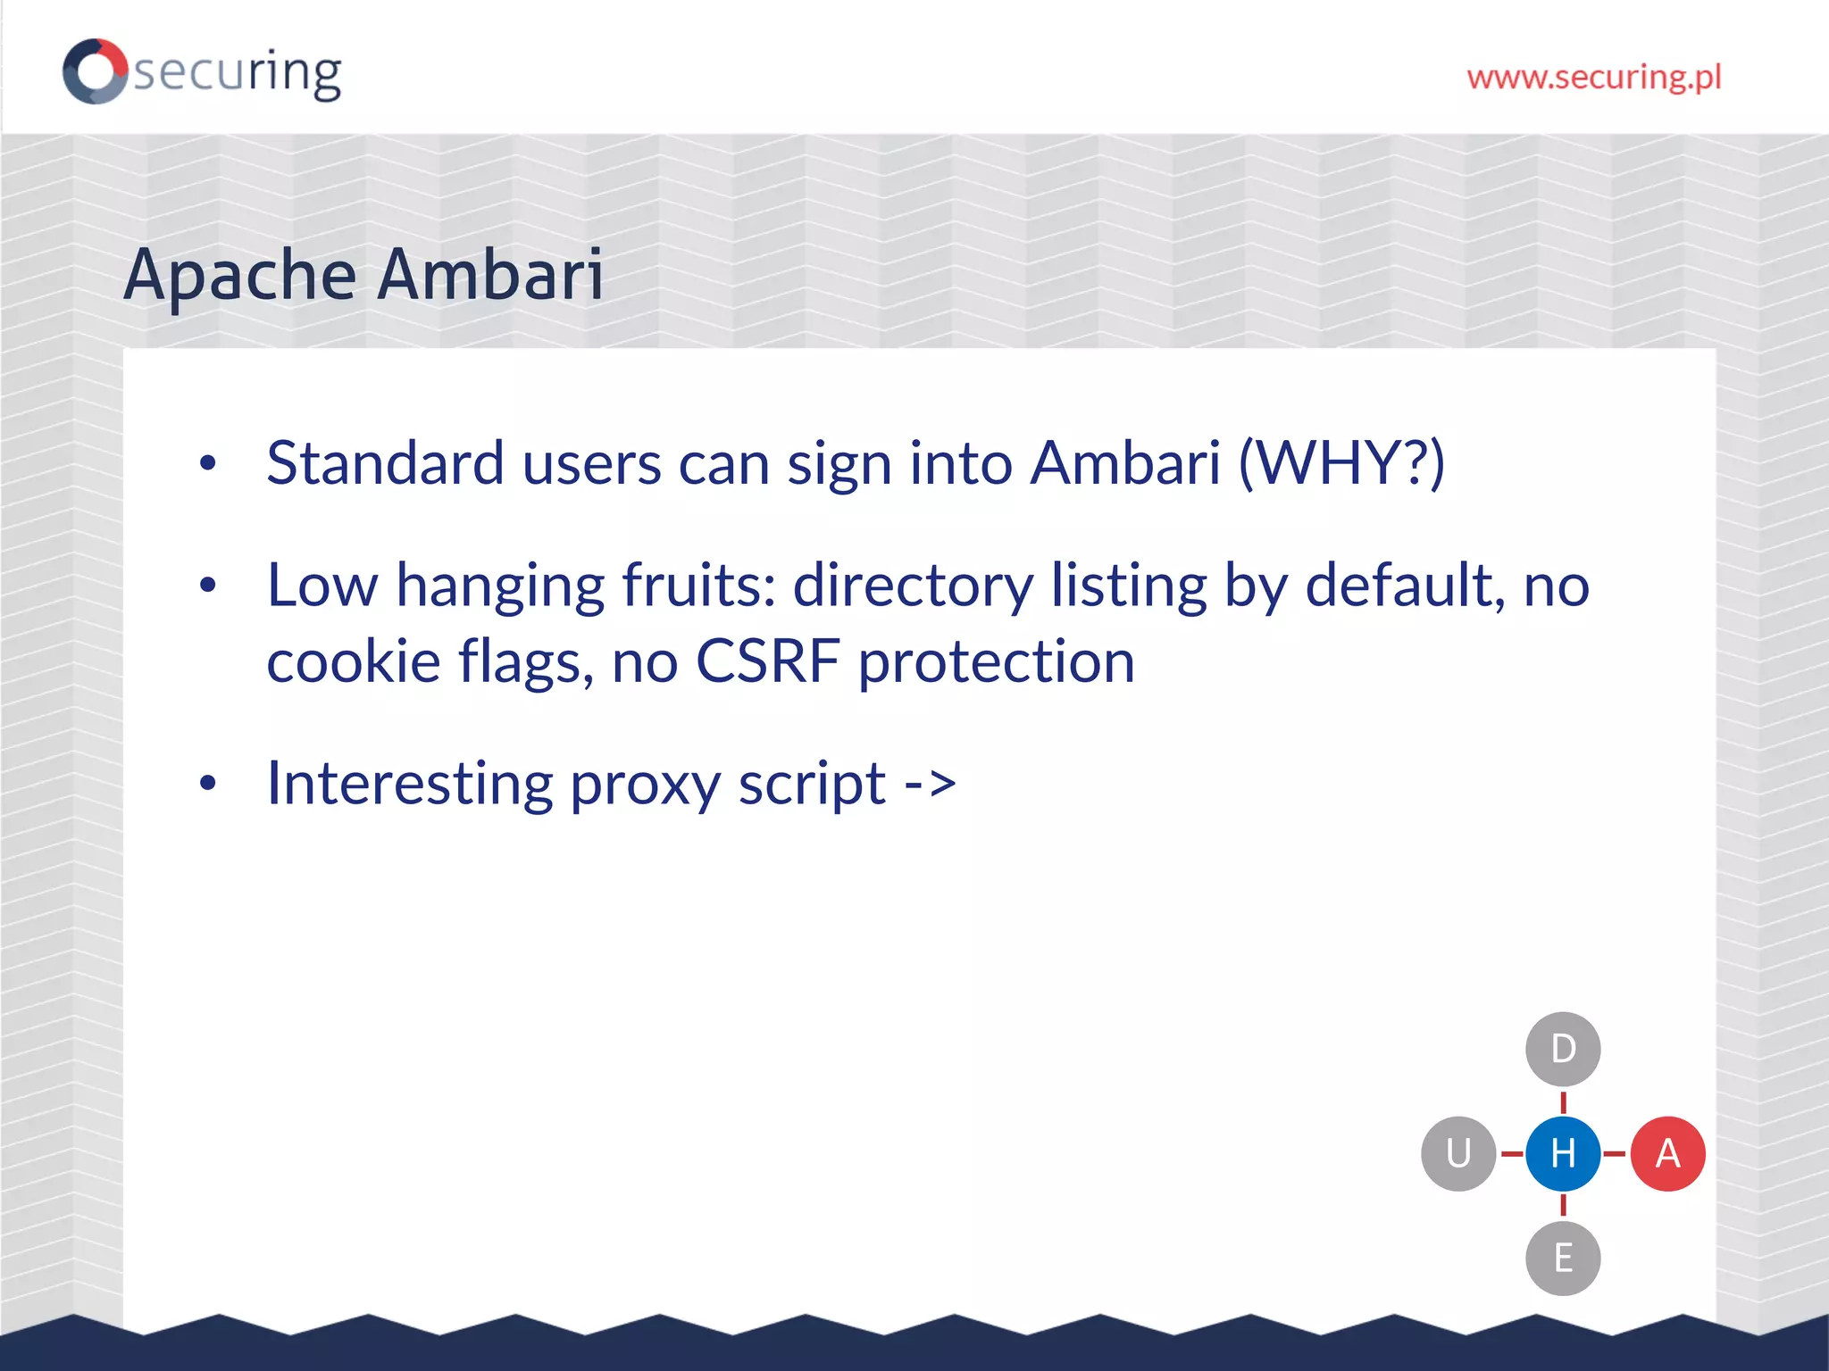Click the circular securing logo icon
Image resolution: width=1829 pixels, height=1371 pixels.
(x=95, y=71)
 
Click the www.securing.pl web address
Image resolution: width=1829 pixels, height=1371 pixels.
(x=1594, y=78)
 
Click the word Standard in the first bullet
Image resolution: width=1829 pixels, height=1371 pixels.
(x=385, y=463)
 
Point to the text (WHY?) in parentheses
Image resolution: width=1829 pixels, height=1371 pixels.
(x=1340, y=463)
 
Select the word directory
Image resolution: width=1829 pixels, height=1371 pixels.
(x=913, y=587)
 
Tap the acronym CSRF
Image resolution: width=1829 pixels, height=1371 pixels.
(x=767, y=661)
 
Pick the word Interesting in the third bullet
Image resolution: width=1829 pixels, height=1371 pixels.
(x=410, y=783)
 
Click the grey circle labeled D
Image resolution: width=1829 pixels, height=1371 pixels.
(x=1563, y=1049)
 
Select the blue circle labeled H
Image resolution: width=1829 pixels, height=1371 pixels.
(x=1563, y=1153)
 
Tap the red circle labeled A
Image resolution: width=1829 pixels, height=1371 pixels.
(x=1667, y=1153)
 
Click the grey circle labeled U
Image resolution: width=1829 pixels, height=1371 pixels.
(x=1458, y=1153)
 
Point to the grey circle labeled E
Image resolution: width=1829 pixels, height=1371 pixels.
(x=1563, y=1258)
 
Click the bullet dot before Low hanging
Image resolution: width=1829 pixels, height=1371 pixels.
(x=208, y=586)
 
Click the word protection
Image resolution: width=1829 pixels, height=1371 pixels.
(x=996, y=661)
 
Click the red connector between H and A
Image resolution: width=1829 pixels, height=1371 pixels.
(x=1615, y=1153)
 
